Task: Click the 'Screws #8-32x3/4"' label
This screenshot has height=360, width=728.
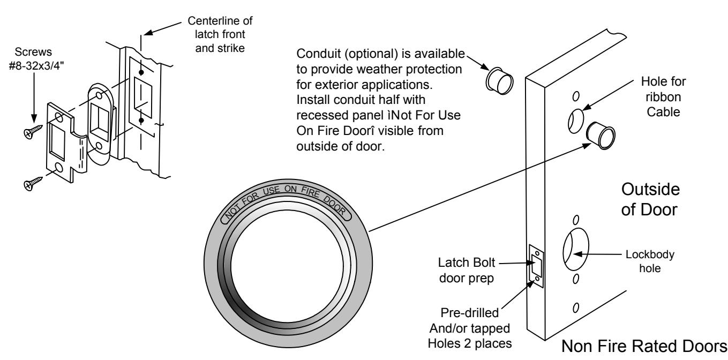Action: pyautogui.click(x=36, y=59)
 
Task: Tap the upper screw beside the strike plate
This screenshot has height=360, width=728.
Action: pyautogui.click(x=33, y=131)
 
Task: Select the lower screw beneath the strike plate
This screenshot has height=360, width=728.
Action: pyautogui.click(x=33, y=184)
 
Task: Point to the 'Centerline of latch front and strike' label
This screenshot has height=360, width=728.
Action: pyautogui.click(x=220, y=34)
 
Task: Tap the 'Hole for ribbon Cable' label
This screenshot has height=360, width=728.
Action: pyautogui.click(x=663, y=96)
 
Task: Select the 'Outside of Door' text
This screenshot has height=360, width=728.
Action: pyautogui.click(x=650, y=199)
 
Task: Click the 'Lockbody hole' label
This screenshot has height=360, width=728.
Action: pyautogui.click(x=650, y=261)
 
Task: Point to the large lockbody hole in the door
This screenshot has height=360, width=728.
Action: pyautogui.click(x=576, y=249)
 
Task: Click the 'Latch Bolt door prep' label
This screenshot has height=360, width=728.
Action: pyautogui.click(x=467, y=270)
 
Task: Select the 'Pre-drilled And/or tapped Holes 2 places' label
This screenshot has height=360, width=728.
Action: pyautogui.click(x=470, y=328)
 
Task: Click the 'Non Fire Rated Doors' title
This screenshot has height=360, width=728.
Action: pyautogui.click(x=644, y=347)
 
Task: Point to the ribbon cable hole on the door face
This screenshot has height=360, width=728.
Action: pyautogui.click(x=575, y=121)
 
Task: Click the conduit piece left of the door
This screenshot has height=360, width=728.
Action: pyautogui.click(x=499, y=81)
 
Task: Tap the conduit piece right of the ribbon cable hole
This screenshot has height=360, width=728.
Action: pyautogui.click(x=601, y=136)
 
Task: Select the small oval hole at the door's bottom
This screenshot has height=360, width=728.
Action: pyautogui.click(x=575, y=307)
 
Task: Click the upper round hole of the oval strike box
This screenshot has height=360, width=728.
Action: pyautogui.click(x=99, y=96)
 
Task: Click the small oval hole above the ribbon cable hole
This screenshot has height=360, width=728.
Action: pyautogui.click(x=575, y=96)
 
